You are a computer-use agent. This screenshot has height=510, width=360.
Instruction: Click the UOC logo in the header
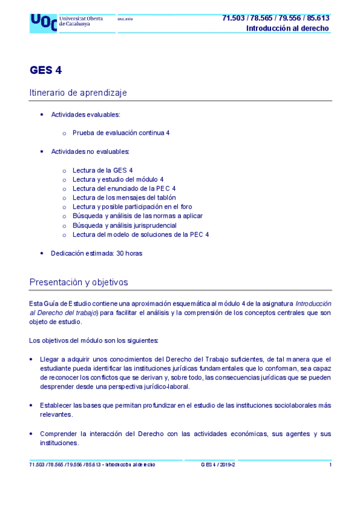[x=43, y=22]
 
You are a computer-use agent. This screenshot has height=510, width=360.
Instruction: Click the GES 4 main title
[x=46, y=70]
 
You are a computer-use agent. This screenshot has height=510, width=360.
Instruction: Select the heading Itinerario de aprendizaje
[x=78, y=93]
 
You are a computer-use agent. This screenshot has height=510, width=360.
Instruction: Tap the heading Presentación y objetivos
[x=78, y=282]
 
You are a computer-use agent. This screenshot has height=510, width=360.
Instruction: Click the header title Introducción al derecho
[x=287, y=28]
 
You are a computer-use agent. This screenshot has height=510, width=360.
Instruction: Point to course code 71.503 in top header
[x=233, y=18]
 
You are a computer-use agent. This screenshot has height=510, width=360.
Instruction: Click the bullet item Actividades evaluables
[x=85, y=114]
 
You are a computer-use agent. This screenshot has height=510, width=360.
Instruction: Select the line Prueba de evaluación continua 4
[x=121, y=132]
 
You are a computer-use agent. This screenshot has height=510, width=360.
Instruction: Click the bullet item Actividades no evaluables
[x=90, y=152]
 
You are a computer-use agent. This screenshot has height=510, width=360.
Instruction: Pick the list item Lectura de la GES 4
[x=103, y=170]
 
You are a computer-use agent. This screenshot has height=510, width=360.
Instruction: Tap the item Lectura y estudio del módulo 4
[x=118, y=179]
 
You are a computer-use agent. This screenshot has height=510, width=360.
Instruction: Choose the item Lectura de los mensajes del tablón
[x=124, y=197]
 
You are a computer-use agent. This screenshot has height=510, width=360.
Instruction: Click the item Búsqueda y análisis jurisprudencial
[x=124, y=226]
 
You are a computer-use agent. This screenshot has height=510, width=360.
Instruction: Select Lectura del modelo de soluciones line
[x=141, y=235]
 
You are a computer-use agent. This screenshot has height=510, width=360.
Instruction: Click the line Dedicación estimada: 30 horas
[x=96, y=253]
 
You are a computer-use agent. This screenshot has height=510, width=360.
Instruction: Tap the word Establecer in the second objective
[x=58, y=405]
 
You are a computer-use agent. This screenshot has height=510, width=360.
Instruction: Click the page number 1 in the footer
[x=331, y=465]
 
